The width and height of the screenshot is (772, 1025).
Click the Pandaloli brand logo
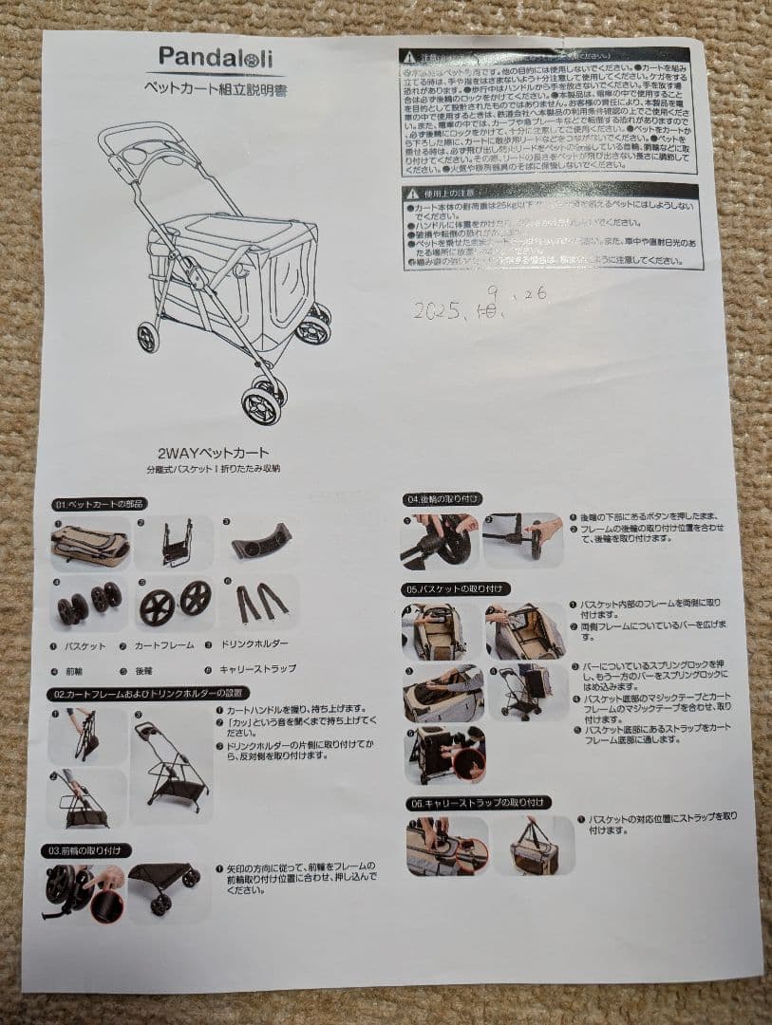[x=215, y=57]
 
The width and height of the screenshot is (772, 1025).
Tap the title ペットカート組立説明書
[x=215, y=87]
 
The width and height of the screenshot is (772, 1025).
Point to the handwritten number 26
[x=534, y=294]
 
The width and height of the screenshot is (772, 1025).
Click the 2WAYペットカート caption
[x=214, y=453]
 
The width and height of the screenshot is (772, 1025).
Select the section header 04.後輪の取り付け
[x=443, y=498]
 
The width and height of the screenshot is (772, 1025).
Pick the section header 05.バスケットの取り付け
[x=457, y=588]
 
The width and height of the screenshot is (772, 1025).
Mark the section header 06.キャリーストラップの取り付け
[x=477, y=803]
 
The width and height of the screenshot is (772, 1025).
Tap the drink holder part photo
[x=259, y=541]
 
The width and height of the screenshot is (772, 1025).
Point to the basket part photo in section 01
[x=90, y=545]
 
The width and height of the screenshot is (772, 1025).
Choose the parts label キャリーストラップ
[x=257, y=668]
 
